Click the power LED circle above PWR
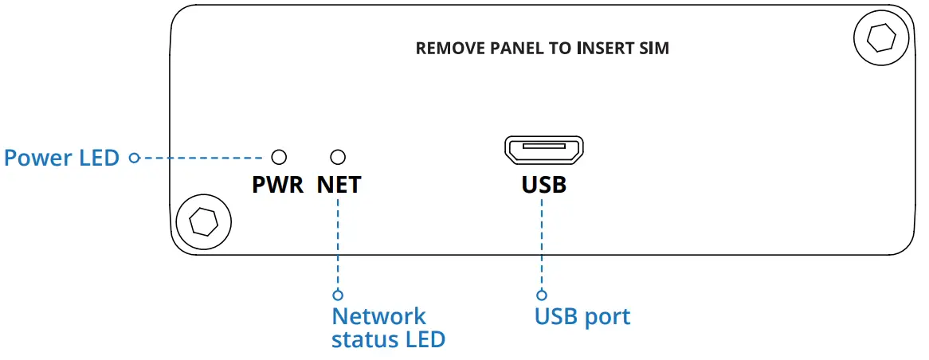click(279, 157)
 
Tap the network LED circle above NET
click(338, 157)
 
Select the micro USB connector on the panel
click(544, 150)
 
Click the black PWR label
click(278, 185)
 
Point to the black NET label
click(339, 185)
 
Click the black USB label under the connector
click(544, 185)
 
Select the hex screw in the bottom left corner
click(204, 222)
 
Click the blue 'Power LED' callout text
click(61, 158)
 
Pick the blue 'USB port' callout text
click(582, 317)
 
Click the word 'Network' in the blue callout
click(378, 316)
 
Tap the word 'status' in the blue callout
click(360, 340)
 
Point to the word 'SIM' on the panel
click(656, 49)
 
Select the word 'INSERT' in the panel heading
click(609, 49)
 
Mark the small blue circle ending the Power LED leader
click(134, 158)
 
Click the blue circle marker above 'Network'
click(338, 294)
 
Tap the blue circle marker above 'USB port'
click(541, 294)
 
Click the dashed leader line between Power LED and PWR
click(202, 158)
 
